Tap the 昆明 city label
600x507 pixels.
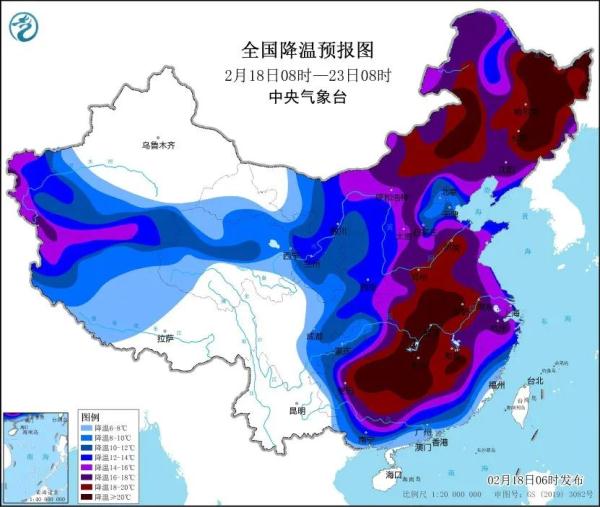pos(296,410)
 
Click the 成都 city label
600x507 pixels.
pos(316,336)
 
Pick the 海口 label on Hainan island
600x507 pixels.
pos(393,473)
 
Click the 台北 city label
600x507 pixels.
pos(533,380)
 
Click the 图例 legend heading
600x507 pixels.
pos(90,415)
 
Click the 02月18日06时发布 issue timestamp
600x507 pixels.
pos(539,481)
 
